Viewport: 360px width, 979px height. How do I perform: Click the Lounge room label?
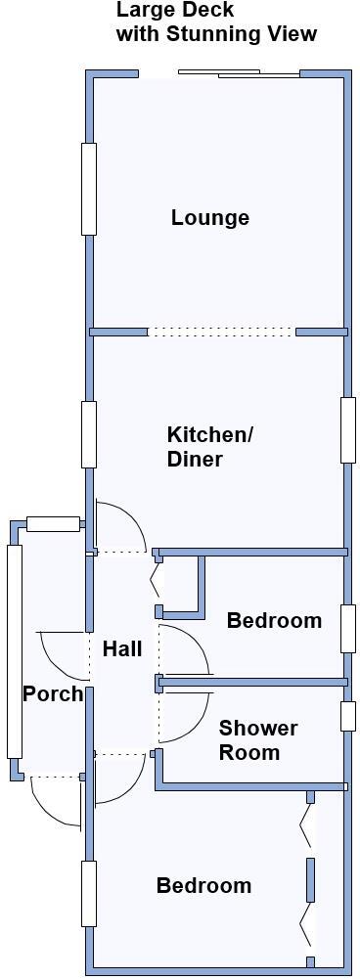pos(209,217)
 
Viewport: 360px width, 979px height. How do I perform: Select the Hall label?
pos(122,648)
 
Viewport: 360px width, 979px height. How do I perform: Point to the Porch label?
pos(53,693)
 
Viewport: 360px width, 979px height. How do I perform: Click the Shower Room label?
pos(257,740)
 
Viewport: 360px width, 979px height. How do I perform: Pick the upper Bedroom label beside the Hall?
pos(274,620)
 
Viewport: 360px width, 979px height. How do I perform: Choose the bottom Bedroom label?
pos(203,885)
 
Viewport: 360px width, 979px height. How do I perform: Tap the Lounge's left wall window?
pos(89,189)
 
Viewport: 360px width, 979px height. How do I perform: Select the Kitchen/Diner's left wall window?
pos(89,434)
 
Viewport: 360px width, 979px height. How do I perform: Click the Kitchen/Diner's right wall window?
pos(347,429)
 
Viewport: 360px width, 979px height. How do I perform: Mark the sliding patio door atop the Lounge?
pos(238,72)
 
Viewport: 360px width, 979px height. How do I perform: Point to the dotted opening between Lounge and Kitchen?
pos(221,333)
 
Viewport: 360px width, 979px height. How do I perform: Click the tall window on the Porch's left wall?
pos(15,651)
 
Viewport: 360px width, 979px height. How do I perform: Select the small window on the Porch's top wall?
pos(53,523)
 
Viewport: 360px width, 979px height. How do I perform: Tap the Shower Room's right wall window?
pos(347,716)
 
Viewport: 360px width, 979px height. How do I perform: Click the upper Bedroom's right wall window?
pos(347,628)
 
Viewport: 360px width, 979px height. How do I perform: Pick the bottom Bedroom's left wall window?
pos(89,892)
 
